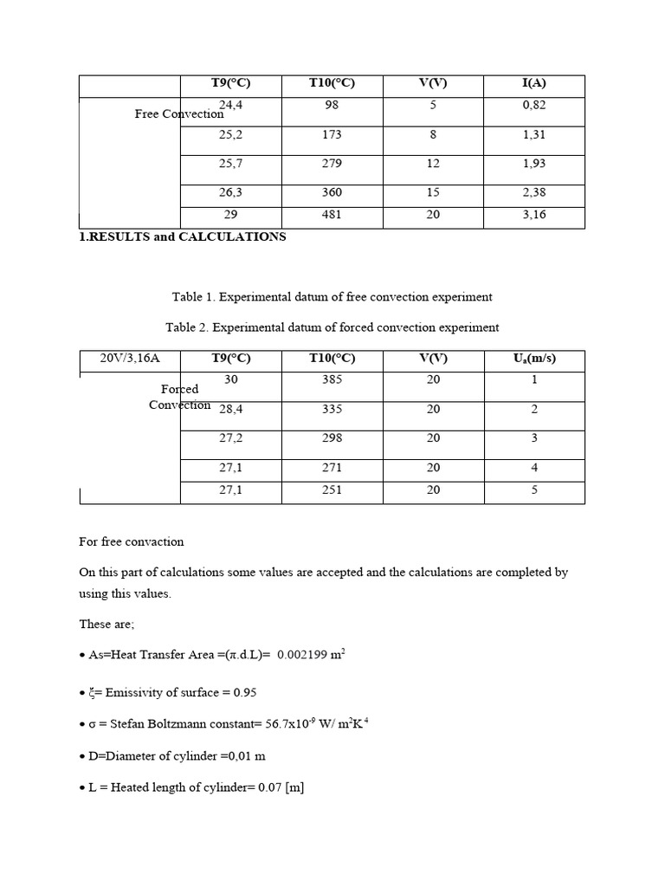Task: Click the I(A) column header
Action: click(534, 84)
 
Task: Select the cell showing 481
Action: click(332, 215)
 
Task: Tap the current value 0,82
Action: click(534, 105)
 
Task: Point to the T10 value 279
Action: click(332, 164)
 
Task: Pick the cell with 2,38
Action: click(534, 192)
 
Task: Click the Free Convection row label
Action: click(179, 113)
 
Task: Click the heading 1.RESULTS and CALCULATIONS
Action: click(183, 236)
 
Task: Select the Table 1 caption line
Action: click(332, 297)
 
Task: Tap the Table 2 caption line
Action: click(332, 327)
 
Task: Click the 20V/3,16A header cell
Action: click(130, 359)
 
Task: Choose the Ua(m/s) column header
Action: click(534, 359)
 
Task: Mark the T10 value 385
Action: click(332, 379)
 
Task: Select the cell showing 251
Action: click(332, 489)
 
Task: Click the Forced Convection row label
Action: click(179, 397)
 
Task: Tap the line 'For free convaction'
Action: click(132, 541)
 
